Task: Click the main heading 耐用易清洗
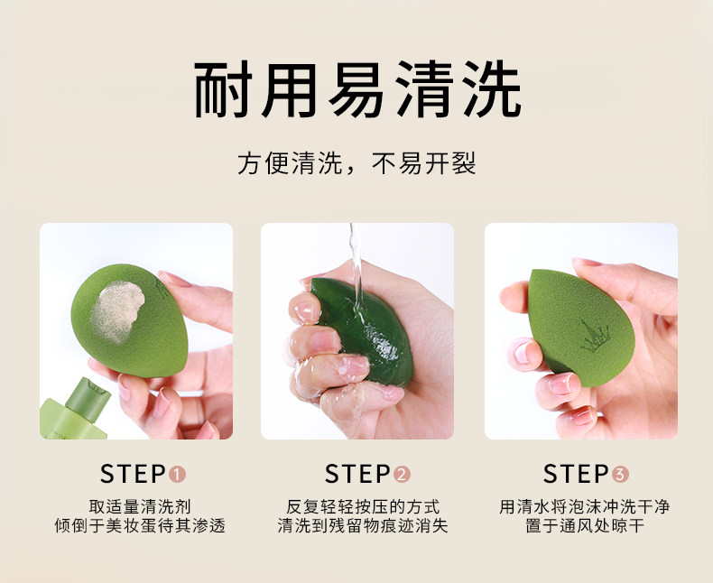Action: [x=358, y=89]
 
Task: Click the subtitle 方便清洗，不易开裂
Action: [x=356, y=163]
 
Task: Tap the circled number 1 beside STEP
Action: [x=177, y=475]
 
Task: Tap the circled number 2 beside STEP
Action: [x=402, y=475]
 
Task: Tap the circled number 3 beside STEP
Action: [x=620, y=475]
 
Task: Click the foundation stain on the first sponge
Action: [x=116, y=310]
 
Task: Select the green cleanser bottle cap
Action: [x=88, y=398]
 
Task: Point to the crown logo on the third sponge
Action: [x=596, y=336]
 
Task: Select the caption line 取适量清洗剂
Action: [x=140, y=506]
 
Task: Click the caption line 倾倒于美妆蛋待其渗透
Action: [x=140, y=526]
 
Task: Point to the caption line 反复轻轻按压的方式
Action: [x=363, y=506]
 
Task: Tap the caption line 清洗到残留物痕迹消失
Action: [x=363, y=526]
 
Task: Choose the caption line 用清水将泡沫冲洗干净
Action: [x=584, y=506]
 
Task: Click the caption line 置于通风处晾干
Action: [x=585, y=526]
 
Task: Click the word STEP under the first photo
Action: [x=133, y=474]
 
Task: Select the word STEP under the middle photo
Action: [x=357, y=474]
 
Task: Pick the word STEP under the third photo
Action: [x=576, y=474]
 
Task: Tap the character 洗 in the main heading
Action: [x=492, y=89]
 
